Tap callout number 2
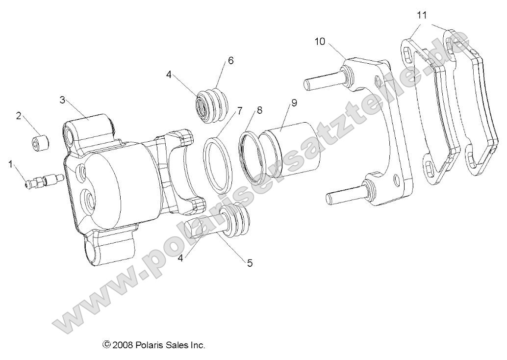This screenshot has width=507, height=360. pos(19,116)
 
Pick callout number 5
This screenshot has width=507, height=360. pos(250,263)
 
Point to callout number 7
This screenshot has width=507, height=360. pos(239,110)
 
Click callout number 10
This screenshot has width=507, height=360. pos(320,42)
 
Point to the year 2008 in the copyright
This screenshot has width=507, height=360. pos(121,345)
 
